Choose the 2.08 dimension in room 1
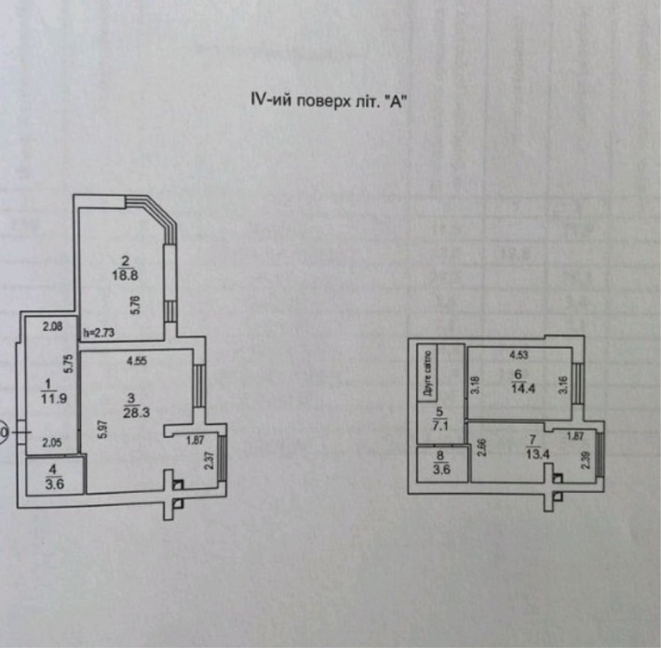tap(52, 326)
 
